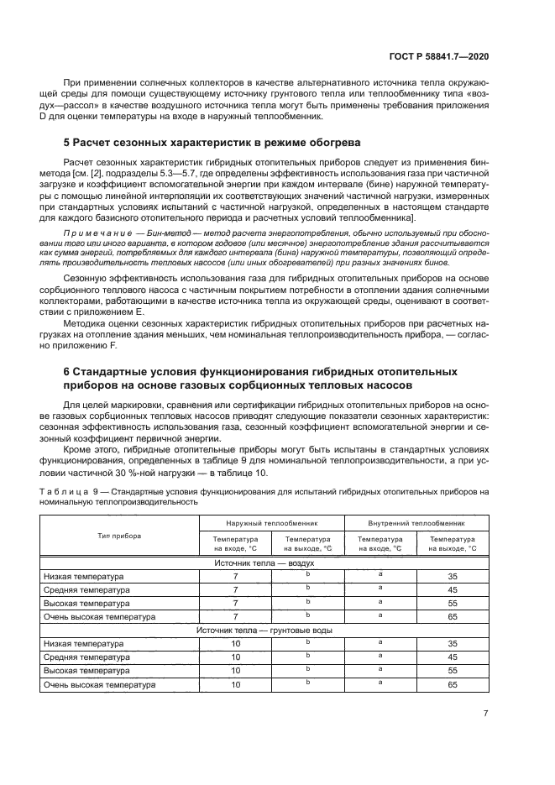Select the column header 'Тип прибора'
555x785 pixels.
tap(118, 535)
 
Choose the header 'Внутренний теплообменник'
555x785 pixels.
tap(416, 522)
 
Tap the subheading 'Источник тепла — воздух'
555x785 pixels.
tap(259, 563)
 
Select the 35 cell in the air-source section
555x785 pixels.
tap(453, 577)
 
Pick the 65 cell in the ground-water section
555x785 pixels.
tap(453, 684)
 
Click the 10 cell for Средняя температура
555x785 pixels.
tap(235, 657)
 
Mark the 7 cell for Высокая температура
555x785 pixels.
tap(235, 603)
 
